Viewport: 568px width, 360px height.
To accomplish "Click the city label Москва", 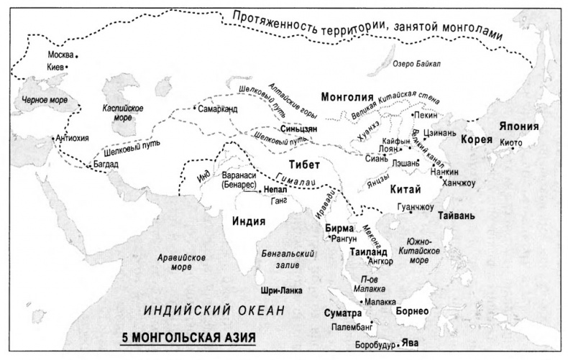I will point(60,55).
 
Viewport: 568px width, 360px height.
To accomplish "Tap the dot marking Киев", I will point(67,67).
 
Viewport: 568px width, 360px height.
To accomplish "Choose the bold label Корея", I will point(476,140).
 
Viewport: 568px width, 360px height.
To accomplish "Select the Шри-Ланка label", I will point(278,290).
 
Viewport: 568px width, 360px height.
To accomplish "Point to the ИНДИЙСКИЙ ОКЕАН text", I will point(215,310).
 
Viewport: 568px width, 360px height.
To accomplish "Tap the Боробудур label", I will point(375,345).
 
